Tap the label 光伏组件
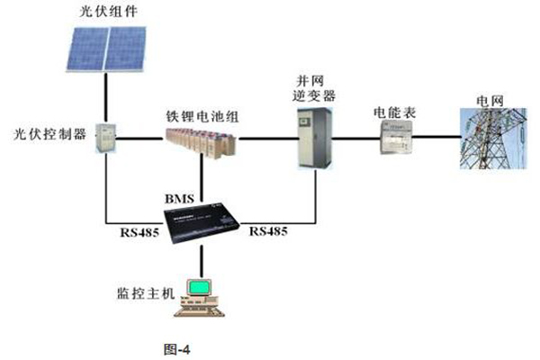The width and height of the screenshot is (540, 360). [x=106, y=11]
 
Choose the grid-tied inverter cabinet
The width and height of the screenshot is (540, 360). [x=315, y=137]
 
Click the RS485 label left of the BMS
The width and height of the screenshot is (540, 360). [x=139, y=233]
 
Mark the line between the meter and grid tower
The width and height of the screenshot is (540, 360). [x=436, y=139]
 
